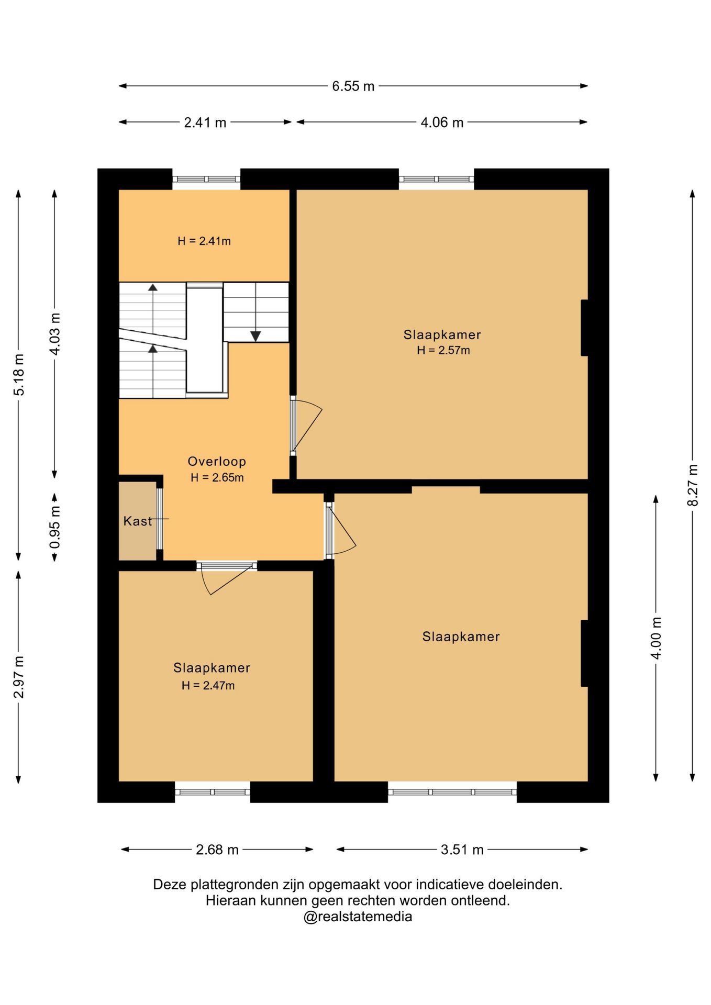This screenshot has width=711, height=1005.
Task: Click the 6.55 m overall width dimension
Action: pos(353,86)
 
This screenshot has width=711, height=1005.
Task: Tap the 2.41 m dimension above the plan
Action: pos(205,122)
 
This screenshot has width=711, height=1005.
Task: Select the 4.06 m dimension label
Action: pos(442,122)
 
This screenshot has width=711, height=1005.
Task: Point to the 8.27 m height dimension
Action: pos(693,485)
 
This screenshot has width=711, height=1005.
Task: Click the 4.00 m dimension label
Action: pos(656,638)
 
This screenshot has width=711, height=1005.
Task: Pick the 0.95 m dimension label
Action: pos(55,527)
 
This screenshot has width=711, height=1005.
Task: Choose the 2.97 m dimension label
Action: pos(19,677)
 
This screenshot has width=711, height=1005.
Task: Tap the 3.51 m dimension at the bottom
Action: pos(462,850)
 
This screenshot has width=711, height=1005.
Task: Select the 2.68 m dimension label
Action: pos(217,850)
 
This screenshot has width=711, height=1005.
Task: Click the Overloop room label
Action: pos(217,462)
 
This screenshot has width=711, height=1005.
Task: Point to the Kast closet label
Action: pos(138,521)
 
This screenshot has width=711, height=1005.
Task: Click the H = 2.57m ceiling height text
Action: pos(443,351)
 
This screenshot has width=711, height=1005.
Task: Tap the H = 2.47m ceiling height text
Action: pos(208,686)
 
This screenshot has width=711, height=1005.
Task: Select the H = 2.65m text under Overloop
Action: pos(217,478)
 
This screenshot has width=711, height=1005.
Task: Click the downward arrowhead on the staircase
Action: pos(255,336)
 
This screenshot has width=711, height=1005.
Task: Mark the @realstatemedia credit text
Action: pos(358,917)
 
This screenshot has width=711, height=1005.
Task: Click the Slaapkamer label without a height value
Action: pos(461,636)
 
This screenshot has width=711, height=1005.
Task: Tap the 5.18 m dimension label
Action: pos(19,375)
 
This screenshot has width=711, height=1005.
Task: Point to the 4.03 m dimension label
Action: pos(55,334)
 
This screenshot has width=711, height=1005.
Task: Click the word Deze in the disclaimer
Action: pos(170,885)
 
